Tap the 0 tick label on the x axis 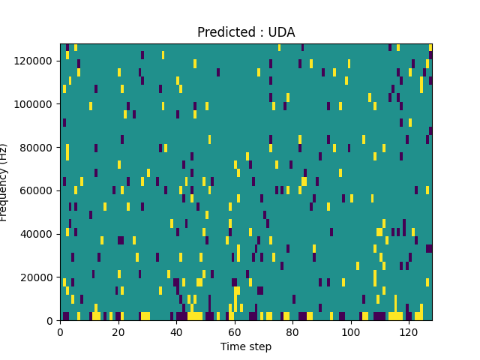coord(60,331)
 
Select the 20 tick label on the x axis coord(118,331)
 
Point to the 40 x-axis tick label coord(176,331)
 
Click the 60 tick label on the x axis coord(235,331)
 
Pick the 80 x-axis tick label coord(292,331)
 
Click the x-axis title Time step coord(246,346)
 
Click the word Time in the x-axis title coord(232,346)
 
